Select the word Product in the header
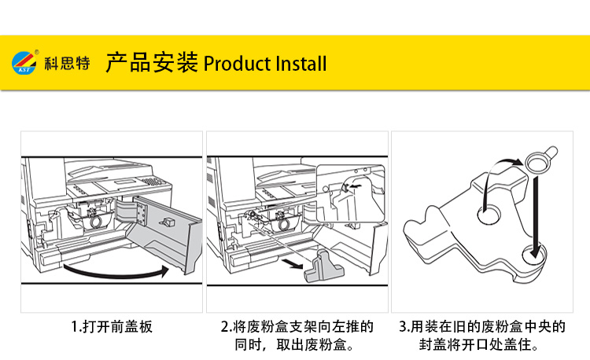tap(237, 63)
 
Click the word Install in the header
tap(301, 63)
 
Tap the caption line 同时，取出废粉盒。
tap(297, 344)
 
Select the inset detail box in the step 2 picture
tap(351, 193)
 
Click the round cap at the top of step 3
tap(538, 160)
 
